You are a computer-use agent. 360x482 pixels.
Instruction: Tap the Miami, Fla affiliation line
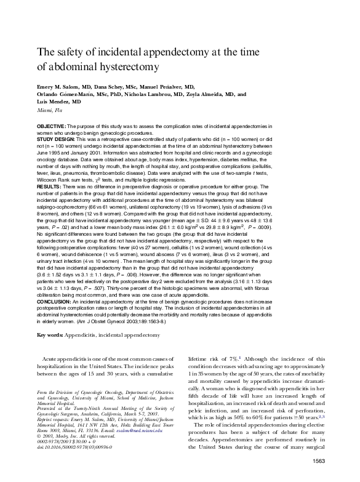coord(50,110)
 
